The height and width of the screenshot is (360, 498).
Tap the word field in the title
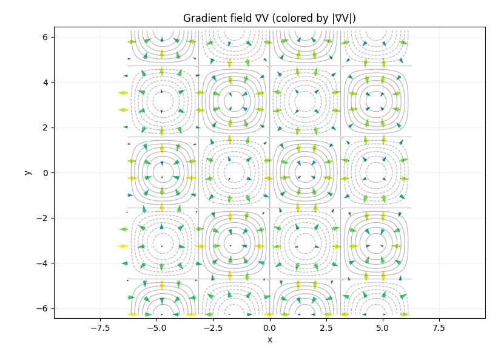coord(234,18)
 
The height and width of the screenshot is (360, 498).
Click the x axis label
coord(270,339)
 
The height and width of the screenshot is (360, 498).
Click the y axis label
coord(27,172)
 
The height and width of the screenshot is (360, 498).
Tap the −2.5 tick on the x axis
coord(213,328)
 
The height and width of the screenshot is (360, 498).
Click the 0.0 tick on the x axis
coord(270,328)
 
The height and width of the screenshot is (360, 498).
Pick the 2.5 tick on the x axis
coord(326,328)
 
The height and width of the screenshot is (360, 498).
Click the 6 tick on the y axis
coord(45,37)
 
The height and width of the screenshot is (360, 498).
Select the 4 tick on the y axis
coord(45,83)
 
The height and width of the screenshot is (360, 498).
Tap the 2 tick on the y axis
coord(45,127)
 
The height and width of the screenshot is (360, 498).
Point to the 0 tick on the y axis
coord(45,173)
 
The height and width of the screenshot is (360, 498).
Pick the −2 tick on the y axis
coord(42,218)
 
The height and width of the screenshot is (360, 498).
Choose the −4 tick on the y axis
coord(42,263)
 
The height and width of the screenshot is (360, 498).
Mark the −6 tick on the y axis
coord(42,308)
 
